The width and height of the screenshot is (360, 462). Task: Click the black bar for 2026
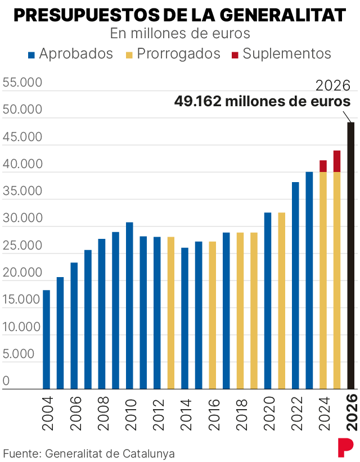(351, 256)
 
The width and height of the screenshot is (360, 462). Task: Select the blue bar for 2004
(46, 339)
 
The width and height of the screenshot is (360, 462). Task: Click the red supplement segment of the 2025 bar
(337, 161)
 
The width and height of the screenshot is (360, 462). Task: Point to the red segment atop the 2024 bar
(323, 166)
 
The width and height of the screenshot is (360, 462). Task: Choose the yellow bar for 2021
(281, 301)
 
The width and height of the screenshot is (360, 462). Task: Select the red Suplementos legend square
(235, 55)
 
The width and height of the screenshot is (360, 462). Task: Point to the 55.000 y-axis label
(22, 83)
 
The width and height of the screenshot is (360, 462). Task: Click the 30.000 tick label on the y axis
(22, 218)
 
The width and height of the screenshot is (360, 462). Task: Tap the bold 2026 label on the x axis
(352, 413)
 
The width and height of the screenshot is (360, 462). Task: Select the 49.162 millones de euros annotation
(262, 102)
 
